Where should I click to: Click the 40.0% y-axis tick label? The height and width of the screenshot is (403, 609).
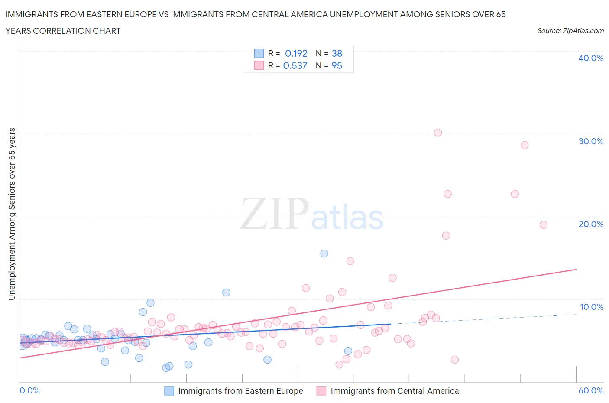[x=590, y=58]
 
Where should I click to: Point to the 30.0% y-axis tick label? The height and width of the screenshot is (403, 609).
[x=590, y=141]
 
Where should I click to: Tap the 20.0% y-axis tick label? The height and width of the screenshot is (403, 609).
[x=590, y=224]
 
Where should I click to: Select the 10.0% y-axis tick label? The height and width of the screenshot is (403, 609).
[x=591, y=307]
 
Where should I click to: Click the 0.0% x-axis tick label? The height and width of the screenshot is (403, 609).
[x=29, y=390]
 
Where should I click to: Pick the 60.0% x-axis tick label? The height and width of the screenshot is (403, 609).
[x=591, y=390]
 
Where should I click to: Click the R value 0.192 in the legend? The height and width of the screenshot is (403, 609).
[x=296, y=53]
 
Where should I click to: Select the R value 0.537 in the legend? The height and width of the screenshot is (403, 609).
[x=295, y=65]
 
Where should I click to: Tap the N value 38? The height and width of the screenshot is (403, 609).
[x=337, y=53]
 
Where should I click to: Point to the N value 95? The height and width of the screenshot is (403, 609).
[x=337, y=65]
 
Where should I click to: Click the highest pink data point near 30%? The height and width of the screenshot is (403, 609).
[x=438, y=133]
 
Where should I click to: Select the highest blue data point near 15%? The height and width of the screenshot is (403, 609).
[x=324, y=253]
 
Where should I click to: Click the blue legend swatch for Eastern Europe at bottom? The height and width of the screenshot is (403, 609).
[x=169, y=391]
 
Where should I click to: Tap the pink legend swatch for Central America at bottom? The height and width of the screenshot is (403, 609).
[x=321, y=391]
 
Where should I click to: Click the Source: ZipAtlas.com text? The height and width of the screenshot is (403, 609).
[x=570, y=30]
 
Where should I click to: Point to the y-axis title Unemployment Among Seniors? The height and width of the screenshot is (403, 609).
[x=12, y=214]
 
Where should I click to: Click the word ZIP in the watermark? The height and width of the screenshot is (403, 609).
[x=275, y=214]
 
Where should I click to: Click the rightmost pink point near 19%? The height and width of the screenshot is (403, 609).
[x=543, y=224]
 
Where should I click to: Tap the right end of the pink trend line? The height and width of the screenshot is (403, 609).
[x=576, y=270]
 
